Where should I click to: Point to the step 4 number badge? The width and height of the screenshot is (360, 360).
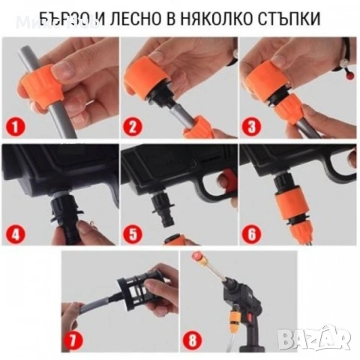[x=16, y=232]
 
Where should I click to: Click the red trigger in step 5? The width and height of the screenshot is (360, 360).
[x=223, y=178]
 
